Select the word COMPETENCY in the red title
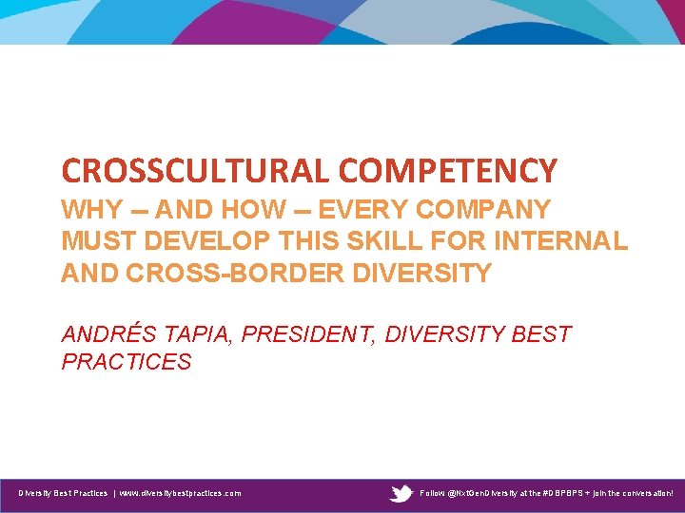pyautogui.click(x=448, y=171)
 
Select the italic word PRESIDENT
pyautogui.click(x=308, y=334)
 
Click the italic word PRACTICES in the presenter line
pyautogui.click(x=127, y=362)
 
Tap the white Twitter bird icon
pyautogui.click(x=401, y=493)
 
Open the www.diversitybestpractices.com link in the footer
pyautogui.click(x=180, y=493)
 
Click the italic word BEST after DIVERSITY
pyautogui.click(x=542, y=334)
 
